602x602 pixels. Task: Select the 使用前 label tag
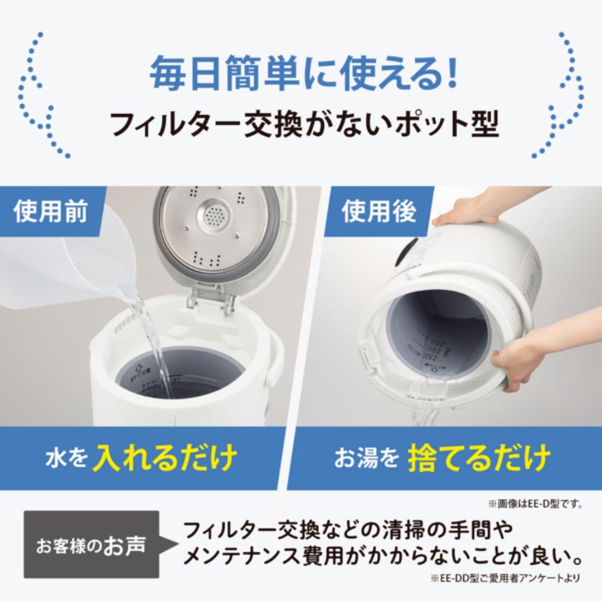[x=51, y=213]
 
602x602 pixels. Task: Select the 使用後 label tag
[x=379, y=213]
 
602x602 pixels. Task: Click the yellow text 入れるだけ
[x=165, y=458]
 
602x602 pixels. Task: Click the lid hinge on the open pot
[x=212, y=295]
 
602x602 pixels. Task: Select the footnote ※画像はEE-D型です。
[x=535, y=504]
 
